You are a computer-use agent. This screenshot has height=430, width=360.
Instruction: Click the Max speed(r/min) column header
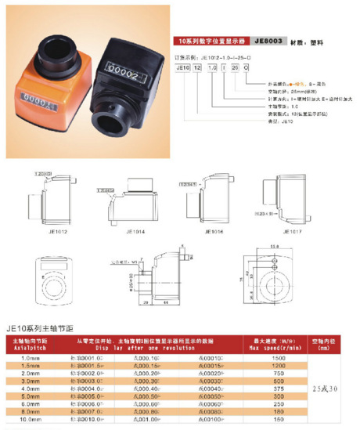coord(270,348)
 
